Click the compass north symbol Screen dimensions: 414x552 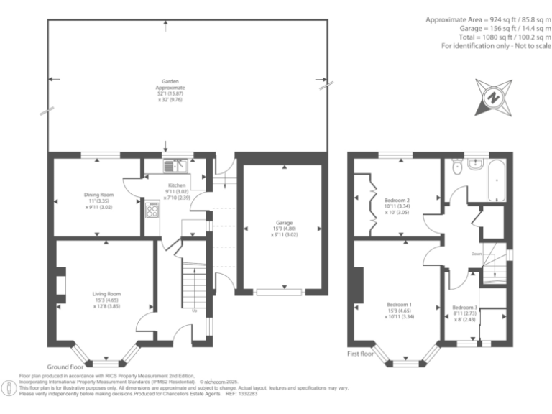pos(492,97)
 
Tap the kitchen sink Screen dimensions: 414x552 pos(175,166)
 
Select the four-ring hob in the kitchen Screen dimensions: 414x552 pos(152,210)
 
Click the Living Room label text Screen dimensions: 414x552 pos(106,293)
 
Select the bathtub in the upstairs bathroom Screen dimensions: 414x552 pos(497,181)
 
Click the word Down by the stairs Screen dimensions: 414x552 pos(476,254)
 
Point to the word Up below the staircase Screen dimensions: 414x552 pos(194,311)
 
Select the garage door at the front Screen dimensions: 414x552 pos(280,292)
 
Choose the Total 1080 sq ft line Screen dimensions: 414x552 pos(505,37)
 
